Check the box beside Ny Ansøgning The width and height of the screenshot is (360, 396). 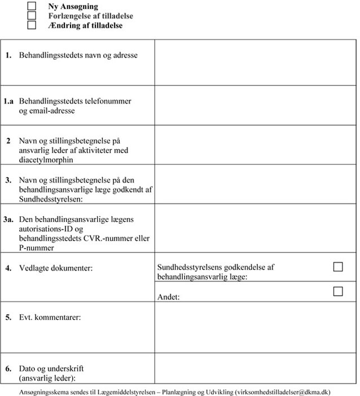(32, 6)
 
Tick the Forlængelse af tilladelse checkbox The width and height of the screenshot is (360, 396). (32, 16)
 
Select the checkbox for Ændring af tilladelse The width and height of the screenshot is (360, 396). (32, 25)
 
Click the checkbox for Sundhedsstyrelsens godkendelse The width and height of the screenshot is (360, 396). (338, 267)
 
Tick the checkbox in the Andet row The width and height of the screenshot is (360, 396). (338, 291)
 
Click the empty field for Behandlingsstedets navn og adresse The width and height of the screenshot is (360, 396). (255, 62)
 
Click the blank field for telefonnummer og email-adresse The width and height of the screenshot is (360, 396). (255, 105)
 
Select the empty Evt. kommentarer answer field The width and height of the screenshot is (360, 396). (255, 327)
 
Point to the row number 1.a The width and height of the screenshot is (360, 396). (8, 101)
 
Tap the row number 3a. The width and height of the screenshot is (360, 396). (8, 219)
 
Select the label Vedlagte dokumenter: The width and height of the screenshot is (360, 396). (56, 268)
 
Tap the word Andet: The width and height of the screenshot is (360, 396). (169, 297)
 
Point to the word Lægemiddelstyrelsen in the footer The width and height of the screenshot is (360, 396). (122, 391)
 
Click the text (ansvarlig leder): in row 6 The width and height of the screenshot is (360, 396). (47, 378)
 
